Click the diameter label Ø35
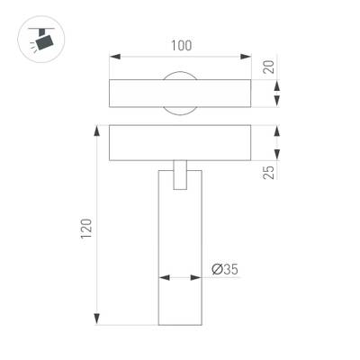coord(225,267)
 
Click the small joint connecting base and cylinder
coord(181,174)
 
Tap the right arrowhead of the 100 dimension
coord(249,57)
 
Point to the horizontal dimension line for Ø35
coord(180,278)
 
